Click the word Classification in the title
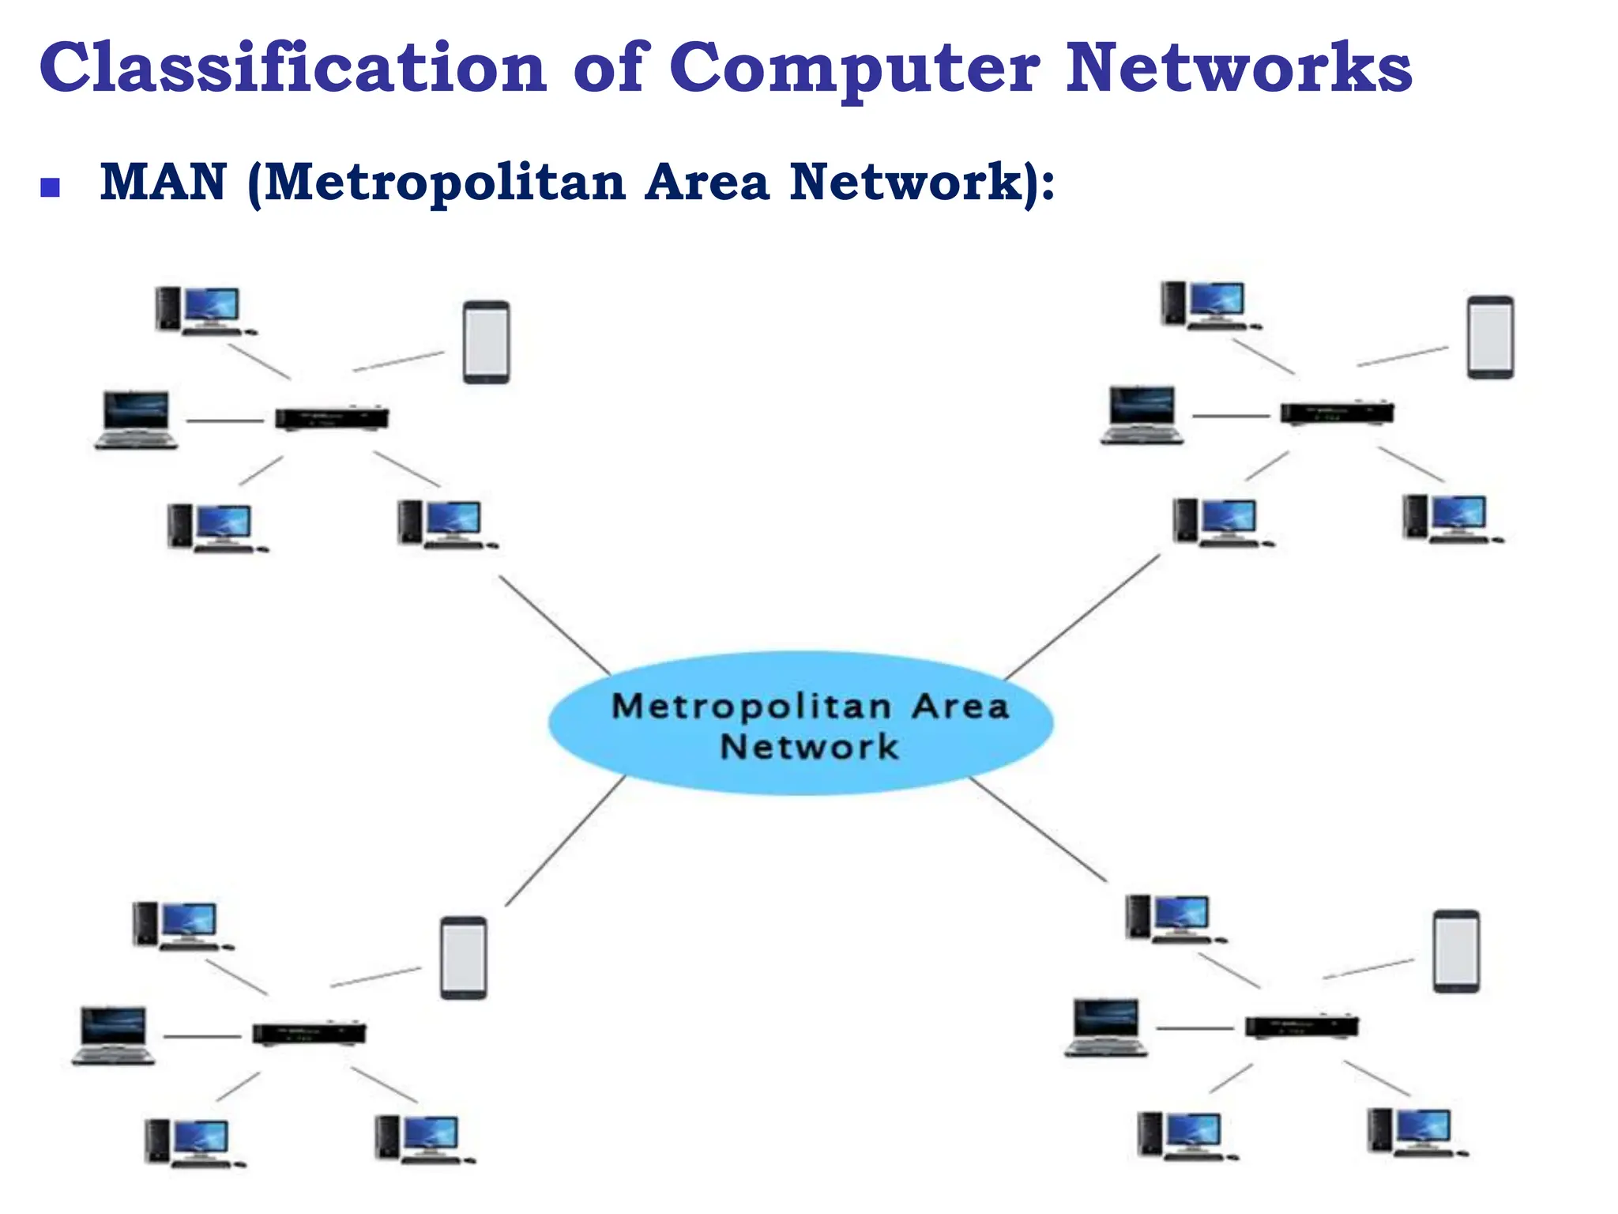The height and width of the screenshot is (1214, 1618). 292,68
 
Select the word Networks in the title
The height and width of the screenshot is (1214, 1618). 1238,68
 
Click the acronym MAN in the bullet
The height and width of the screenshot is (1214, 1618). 164,182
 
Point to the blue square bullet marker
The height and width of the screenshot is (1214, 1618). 51,187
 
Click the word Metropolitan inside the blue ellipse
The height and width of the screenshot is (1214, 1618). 751,706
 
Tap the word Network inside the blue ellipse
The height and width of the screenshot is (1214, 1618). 809,747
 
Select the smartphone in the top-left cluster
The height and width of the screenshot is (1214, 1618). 486,341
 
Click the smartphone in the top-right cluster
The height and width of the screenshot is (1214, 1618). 1490,337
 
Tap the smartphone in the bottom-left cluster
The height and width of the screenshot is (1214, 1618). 464,957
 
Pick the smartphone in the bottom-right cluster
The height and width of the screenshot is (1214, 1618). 1456,951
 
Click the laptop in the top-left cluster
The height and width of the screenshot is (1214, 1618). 137,420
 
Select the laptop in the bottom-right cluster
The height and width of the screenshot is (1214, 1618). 1106,1027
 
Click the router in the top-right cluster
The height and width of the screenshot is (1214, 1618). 1337,413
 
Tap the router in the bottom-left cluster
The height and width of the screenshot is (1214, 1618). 309,1033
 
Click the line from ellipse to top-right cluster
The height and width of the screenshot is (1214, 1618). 1082,616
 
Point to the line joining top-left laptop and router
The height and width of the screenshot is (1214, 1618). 225,420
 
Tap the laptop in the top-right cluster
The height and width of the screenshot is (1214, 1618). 1142,415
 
